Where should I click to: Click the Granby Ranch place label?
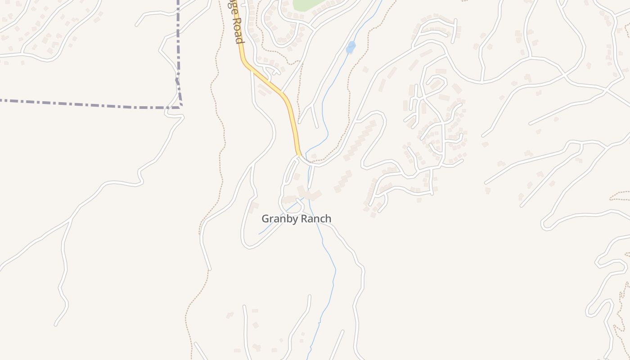(297, 219)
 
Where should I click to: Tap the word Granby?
(279, 219)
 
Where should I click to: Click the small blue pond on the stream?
(351, 47)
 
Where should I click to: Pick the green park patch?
(308, 4)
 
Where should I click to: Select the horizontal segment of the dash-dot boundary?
(90, 104)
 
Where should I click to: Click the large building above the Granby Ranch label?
(310, 194)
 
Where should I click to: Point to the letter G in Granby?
(265, 219)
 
